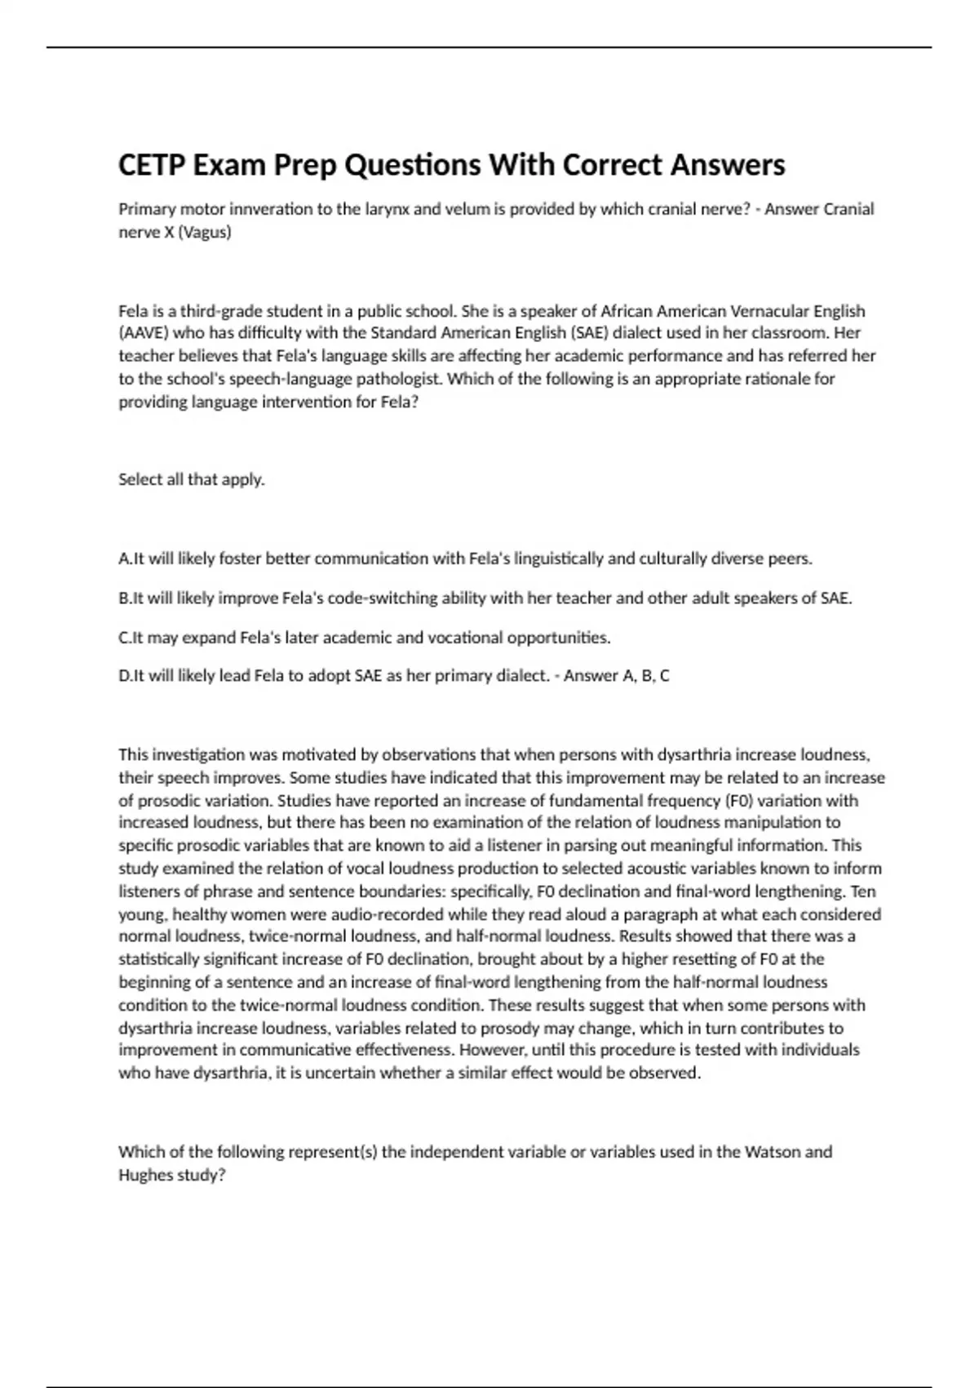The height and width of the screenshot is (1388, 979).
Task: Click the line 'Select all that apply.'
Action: (192, 479)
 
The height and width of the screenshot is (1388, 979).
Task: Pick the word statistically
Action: (160, 959)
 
